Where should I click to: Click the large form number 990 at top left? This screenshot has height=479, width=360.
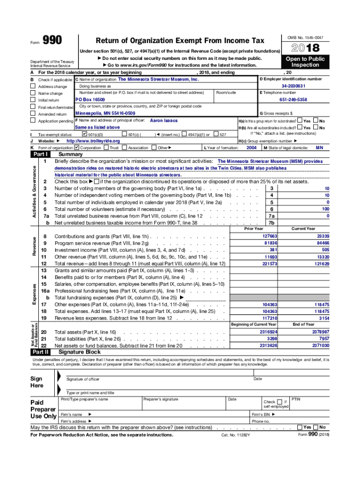[52, 41]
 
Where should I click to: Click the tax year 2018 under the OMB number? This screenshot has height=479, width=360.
[306, 48]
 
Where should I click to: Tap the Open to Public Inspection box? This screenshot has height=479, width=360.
[306, 62]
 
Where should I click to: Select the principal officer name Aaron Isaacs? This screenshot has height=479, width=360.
[164, 120]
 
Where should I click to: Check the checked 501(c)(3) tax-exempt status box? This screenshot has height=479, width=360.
[85, 134]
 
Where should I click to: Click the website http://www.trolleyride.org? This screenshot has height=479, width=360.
[93, 141]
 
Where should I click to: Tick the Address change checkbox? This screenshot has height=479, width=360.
[33, 87]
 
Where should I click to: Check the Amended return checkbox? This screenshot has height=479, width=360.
[33, 114]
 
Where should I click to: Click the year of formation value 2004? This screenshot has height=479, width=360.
[251, 147]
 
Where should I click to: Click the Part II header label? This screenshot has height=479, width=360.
[40, 352]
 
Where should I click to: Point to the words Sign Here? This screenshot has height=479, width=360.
[37, 382]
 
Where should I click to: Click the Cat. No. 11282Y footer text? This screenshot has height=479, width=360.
[236, 435]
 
